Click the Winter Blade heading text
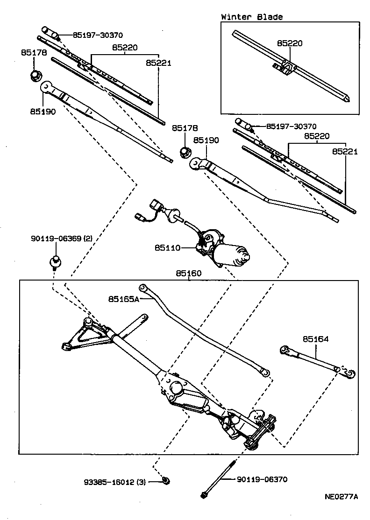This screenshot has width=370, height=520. point(252,17)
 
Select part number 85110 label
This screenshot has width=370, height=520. point(167,248)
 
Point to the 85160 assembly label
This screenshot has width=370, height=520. point(188,274)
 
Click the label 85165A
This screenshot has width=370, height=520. point(124,299)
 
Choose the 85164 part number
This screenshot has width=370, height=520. point(315,339)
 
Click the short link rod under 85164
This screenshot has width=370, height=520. point(313,359)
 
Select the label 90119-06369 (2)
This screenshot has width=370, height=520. point(62,239)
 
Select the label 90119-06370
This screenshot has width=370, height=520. point(262,479)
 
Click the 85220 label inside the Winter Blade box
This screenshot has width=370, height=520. point(290,43)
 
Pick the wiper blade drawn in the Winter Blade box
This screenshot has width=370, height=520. point(290,68)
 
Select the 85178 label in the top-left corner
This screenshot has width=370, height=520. point(33,53)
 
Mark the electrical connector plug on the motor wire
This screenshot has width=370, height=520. point(156,206)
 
